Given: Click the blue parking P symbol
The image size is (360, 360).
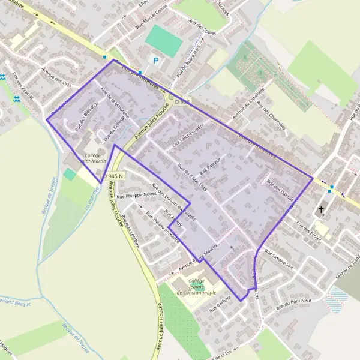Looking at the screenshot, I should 157,60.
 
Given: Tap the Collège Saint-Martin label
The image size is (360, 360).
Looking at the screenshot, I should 92,158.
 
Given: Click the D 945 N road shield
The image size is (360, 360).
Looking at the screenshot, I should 112,176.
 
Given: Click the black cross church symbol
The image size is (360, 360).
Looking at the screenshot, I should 321,210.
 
